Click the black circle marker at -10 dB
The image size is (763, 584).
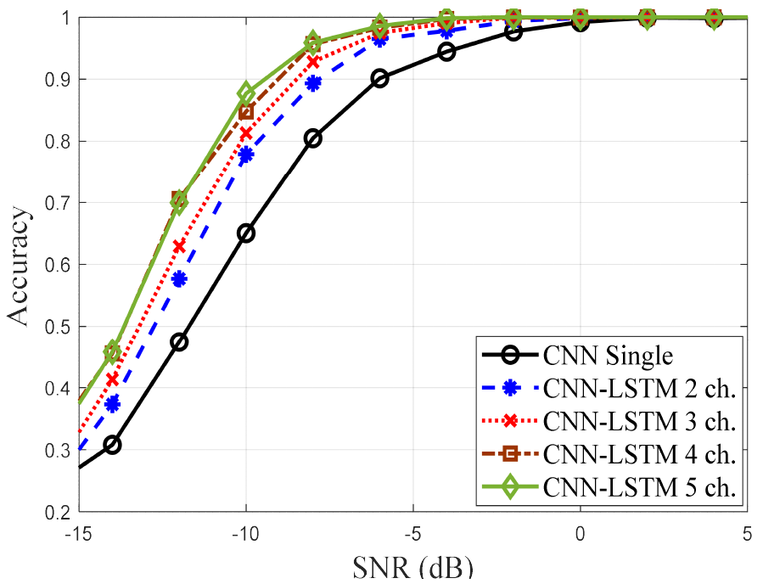[246, 233]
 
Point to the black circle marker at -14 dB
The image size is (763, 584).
[112, 445]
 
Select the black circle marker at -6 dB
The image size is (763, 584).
[379, 79]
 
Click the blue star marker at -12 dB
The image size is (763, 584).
[179, 279]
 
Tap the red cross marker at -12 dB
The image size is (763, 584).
[179, 246]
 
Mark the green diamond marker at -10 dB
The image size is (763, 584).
[246, 93]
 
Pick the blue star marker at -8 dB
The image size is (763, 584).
[313, 83]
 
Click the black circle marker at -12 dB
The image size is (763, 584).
[179, 342]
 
